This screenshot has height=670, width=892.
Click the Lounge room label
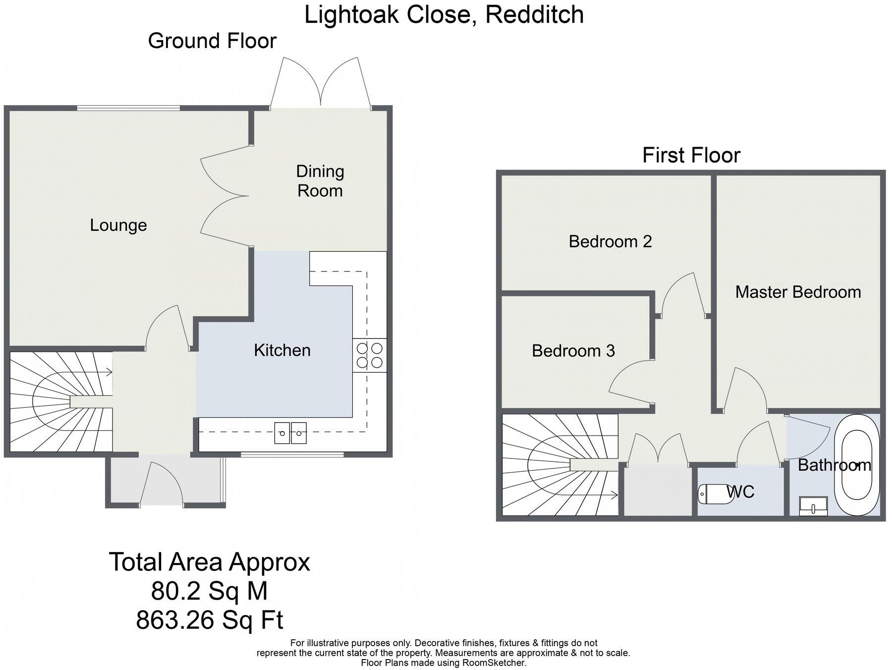point(118,225)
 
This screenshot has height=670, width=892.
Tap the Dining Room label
point(320,181)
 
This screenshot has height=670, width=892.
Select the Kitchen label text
point(282,350)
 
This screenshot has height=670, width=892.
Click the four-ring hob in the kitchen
point(370,355)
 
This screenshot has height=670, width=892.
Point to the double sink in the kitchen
point(290,433)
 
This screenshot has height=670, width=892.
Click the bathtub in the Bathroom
point(857,465)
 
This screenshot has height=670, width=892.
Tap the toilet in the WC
point(715,494)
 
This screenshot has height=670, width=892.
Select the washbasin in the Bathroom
point(813,506)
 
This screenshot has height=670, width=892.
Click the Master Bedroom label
point(798,292)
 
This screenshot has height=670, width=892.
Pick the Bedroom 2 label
point(610,242)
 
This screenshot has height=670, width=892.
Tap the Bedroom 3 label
point(573,351)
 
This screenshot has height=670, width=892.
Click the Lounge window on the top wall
point(128,108)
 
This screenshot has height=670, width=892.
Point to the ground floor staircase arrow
point(107,373)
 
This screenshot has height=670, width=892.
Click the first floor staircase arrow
point(613,495)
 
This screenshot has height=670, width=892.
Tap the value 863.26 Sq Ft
point(210,620)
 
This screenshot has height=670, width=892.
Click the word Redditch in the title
point(534,15)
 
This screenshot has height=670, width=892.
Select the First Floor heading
point(691,155)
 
